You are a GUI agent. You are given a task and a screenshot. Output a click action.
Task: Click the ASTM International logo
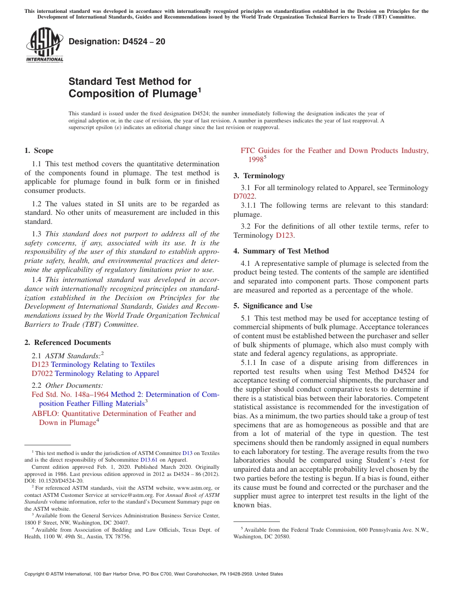44,45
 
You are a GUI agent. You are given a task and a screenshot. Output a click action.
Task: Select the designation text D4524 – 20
117,41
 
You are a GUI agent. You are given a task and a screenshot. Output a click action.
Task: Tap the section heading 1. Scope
39,151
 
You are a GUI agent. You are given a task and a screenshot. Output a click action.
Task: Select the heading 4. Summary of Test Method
281,251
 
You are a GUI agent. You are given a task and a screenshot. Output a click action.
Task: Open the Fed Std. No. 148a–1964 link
70,394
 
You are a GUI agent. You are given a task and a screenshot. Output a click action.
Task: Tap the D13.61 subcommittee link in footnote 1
149,460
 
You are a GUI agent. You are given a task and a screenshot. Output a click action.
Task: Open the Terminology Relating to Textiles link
103,364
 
